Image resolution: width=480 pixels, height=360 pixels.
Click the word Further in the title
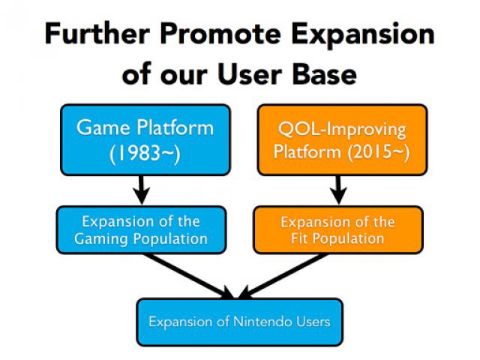pyautogui.click(x=97, y=34)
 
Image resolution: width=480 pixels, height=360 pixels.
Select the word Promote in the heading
pyautogui.click(x=220, y=34)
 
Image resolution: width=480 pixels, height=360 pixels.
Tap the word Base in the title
pyautogui.click(x=324, y=74)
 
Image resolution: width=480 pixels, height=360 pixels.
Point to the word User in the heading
pyautogui.click(x=250, y=74)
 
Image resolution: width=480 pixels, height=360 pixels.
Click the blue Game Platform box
pyautogui.click(x=145, y=140)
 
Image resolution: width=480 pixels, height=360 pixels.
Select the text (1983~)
pyautogui.click(x=145, y=153)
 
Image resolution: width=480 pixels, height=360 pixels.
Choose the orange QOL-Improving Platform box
pyautogui.click(x=342, y=140)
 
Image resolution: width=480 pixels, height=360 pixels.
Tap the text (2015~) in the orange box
pyautogui.click(x=378, y=152)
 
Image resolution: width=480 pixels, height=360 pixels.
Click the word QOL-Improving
pyautogui.click(x=342, y=130)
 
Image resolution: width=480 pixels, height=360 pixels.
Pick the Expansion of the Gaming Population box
pyautogui.click(x=141, y=230)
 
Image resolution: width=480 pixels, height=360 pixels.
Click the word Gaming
pyautogui.click(x=100, y=239)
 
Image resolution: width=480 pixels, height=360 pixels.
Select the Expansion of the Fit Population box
pyautogui.click(x=338, y=230)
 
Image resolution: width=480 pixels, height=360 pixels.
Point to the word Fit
pyautogui.click(x=299, y=238)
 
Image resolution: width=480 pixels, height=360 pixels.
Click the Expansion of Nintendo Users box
pyautogui.click(x=240, y=322)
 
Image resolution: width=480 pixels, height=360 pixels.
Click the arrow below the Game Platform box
pyautogui.click(x=142, y=190)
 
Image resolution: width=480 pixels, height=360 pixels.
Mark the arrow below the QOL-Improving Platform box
pyautogui.click(x=338, y=190)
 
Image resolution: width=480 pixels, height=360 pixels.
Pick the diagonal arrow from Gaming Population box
pyautogui.click(x=188, y=276)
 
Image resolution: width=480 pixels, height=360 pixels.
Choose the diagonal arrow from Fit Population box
pyautogui.click(x=283, y=276)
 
